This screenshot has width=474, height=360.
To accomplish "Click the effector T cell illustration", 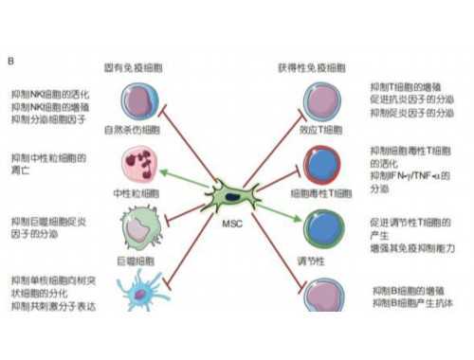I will pos(318,100).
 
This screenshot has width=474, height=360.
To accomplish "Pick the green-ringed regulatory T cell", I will pos(319,226).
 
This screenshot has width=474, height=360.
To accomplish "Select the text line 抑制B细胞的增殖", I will pos(404,289).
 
